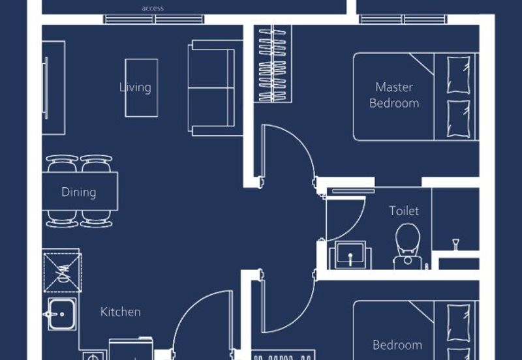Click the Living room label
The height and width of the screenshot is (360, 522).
[135, 87]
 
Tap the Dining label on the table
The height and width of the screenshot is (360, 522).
[79, 192]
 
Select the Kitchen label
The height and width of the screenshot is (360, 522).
[121, 312]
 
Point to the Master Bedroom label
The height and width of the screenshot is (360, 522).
[394, 95]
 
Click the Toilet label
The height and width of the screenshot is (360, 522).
[404, 211]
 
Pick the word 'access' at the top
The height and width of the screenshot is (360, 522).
[153, 8]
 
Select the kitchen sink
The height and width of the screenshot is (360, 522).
[62, 314]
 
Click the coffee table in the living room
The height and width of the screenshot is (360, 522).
[142, 88]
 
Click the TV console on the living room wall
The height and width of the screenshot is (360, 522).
[54, 88]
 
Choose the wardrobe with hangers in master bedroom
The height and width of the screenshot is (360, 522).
[273, 64]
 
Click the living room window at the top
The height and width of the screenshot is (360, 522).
[154, 20]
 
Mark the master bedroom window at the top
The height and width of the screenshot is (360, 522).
[403, 20]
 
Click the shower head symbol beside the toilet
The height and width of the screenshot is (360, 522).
[455, 244]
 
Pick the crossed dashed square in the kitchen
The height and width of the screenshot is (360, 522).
[63, 273]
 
